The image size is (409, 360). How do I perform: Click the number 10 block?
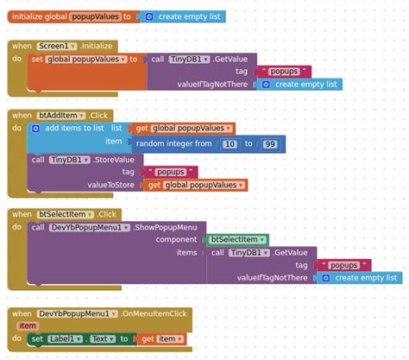coord(230,143)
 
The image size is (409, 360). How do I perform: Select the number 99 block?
coord(270,143)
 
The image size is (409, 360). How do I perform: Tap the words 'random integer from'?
coord(173,143)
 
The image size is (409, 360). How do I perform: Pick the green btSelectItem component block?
coord(237,239)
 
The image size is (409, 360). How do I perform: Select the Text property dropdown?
coord(104,339)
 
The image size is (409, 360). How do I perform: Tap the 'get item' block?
coord(160,339)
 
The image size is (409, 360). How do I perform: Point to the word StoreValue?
coord(116,159)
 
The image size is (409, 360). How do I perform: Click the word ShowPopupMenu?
coord(169,226)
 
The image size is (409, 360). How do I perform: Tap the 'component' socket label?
coord(177,239)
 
